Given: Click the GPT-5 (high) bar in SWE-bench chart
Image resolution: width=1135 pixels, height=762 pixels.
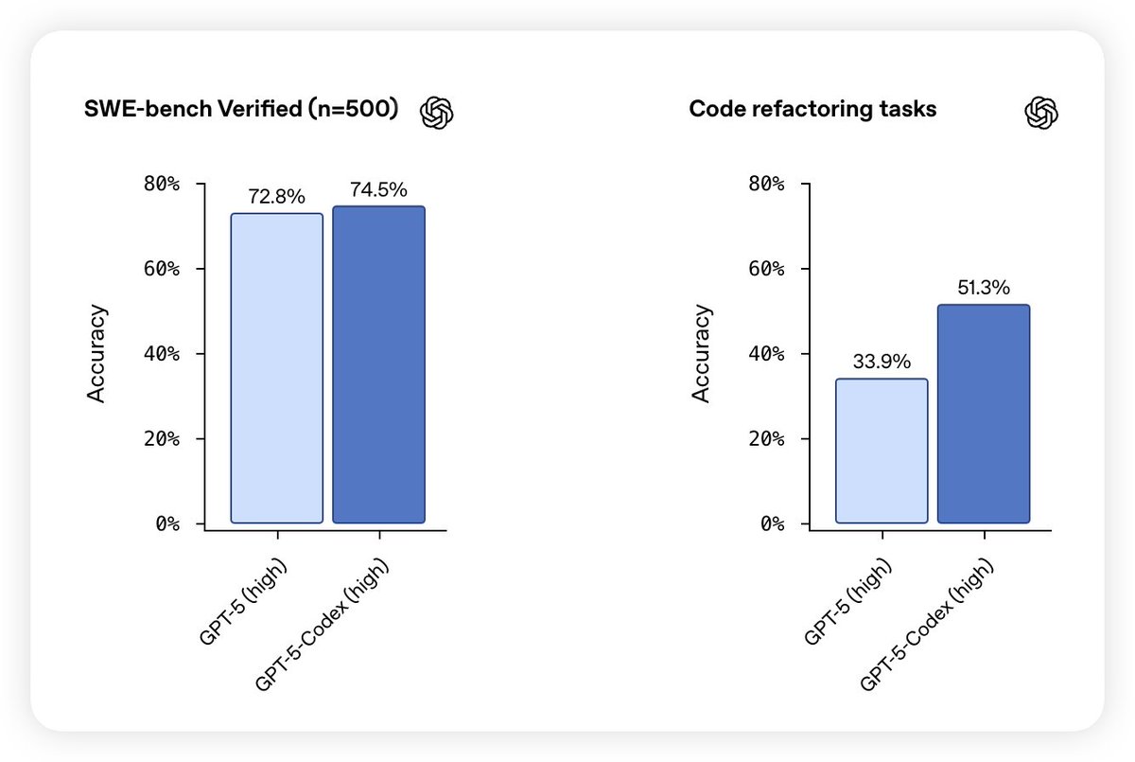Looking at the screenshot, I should tap(277, 368).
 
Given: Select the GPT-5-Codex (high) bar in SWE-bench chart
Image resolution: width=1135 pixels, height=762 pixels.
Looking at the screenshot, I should tap(378, 364).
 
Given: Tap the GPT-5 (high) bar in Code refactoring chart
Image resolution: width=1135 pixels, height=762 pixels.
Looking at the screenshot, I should tap(882, 451).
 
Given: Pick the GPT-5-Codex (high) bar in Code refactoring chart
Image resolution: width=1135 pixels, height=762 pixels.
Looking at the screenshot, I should tap(984, 414).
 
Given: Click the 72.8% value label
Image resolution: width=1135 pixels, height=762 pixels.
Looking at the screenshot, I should tap(277, 197).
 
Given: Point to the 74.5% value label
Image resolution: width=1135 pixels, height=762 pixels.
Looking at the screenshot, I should tap(378, 189).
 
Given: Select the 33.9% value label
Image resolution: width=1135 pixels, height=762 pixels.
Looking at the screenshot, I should tap(882, 362).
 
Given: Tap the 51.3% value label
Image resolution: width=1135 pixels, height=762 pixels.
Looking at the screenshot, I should tap(984, 287).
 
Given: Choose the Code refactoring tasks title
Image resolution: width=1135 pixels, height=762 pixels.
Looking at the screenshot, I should tap(812, 110).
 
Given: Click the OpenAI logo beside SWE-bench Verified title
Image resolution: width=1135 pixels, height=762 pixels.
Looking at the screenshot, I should tap(437, 113).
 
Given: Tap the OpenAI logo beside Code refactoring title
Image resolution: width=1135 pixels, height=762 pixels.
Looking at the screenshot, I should tap(1041, 113).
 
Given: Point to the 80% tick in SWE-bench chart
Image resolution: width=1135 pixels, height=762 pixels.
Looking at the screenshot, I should tap(161, 184).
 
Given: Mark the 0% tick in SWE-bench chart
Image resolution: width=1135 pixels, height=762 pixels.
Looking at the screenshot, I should tap(166, 523).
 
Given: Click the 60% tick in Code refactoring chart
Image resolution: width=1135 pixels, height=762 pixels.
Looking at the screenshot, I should tap(766, 269).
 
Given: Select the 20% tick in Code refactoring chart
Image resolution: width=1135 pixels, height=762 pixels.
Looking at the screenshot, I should tap(766, 438).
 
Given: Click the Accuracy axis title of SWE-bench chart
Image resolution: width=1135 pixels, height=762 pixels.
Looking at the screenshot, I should tap(97, 353).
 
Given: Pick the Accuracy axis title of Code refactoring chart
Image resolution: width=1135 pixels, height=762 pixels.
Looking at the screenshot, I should tap(702, 353).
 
